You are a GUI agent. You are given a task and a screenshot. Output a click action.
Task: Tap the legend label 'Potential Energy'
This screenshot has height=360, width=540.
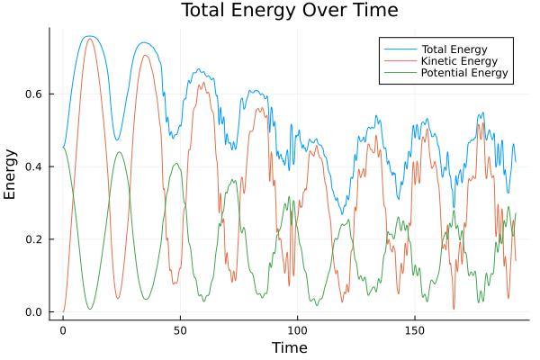pos(465,73)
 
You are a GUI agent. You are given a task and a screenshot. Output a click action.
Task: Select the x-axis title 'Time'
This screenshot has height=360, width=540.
pos(290,347)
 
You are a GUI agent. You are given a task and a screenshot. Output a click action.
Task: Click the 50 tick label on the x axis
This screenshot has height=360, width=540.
pos(180,329)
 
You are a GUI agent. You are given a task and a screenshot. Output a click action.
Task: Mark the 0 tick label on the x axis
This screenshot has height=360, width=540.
pos(63,329)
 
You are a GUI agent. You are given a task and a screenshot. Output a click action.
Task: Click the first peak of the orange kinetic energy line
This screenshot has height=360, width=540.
pos(89,39)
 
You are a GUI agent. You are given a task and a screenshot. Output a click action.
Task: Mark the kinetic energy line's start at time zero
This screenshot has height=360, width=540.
pos(63,311)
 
